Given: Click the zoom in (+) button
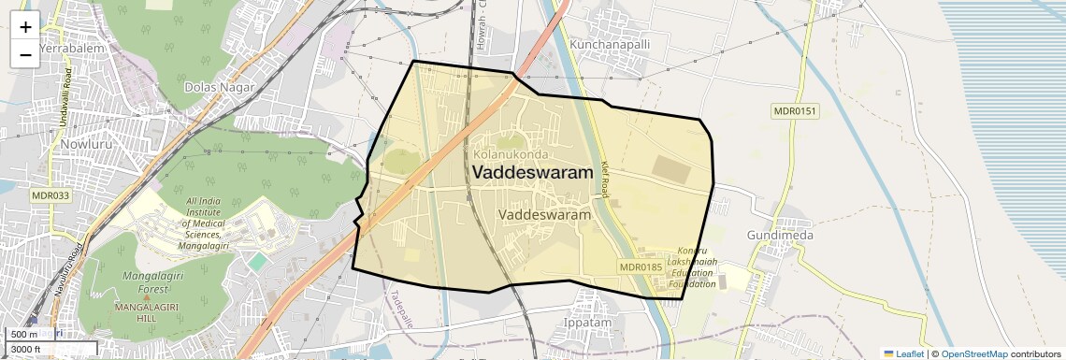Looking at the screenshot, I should pos(25,26).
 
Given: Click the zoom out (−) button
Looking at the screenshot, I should pos(25,54).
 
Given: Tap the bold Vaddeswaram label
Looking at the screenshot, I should pos(532,173).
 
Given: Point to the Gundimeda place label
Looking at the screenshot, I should pos(780,235).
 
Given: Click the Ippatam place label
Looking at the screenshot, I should pos(587,323).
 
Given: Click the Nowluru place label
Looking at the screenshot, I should pos(85,145).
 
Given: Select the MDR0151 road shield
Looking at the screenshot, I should pos(795,111).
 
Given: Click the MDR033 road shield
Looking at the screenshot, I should pos(50,195).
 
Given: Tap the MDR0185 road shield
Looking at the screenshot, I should pos(641,267).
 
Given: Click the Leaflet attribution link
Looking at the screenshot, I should pos(903,353).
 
